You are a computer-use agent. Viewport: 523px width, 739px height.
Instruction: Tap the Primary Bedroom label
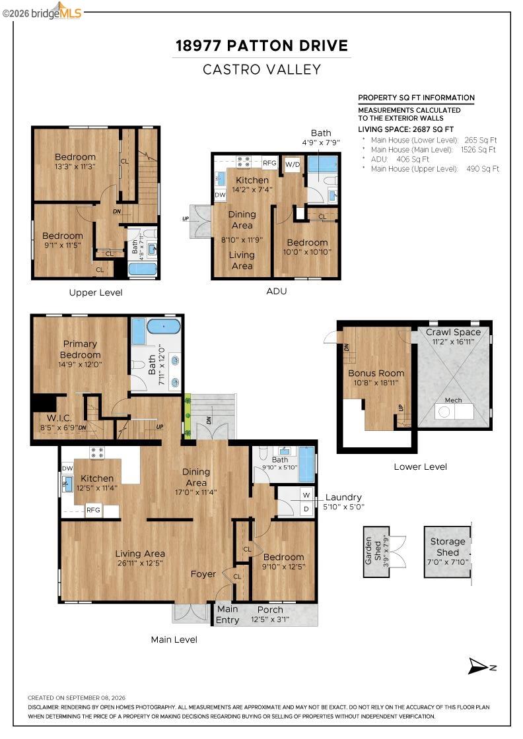(x=80, y=349)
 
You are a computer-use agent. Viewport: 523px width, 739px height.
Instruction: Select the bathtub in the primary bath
(x=164, y=326)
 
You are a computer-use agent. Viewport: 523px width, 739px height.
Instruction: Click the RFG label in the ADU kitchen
(x=269, y=163)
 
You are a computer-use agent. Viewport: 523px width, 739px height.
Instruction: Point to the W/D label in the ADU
(x=293, y=164)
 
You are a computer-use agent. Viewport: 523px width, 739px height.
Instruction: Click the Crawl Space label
(x=453, y=332)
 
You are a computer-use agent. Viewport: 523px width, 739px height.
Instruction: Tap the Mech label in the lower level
(x=453, y=400)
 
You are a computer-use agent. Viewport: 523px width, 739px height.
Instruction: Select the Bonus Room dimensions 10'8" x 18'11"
(x=376, y=383)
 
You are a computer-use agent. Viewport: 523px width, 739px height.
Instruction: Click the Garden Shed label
(x=373, y=551)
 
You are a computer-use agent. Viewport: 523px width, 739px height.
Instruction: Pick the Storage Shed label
(x=448, y=547)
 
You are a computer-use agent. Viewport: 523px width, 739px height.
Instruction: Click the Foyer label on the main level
(x=203, y=574)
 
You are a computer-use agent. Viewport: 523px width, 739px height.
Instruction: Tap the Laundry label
(x=343, y=498)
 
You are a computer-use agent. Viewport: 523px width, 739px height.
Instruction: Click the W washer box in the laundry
(x=306, y=495)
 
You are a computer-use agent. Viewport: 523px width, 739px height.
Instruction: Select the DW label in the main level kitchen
(x=67, y=468)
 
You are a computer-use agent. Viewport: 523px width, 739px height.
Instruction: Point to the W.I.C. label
(x=59, y=418)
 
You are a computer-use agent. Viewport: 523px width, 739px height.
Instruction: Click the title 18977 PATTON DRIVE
(x=261, y=46)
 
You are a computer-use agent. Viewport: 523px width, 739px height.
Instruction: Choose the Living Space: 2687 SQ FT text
(x=405, y=129)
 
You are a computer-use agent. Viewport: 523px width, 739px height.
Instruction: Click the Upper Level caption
(x=96, y=292)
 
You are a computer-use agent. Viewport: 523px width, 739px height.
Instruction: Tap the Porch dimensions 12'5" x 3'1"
(x=269, y=620)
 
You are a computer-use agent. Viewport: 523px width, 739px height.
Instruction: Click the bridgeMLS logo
(x=42, y=12)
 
